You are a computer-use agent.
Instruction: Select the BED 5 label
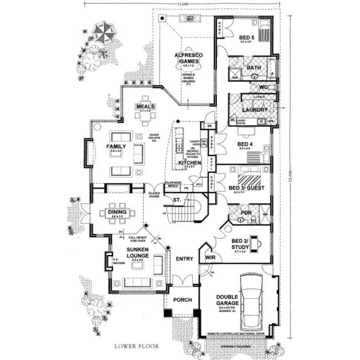(247, 37)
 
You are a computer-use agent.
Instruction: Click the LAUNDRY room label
(255, 110)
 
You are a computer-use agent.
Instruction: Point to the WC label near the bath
(264, 87)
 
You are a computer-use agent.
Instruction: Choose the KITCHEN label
(189, 163)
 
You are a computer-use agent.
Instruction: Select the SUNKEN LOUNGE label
(138, 252)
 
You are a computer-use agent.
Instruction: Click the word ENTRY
(184, 259)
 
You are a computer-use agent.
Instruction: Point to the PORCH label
(182, 300)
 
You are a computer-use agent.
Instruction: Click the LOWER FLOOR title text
(137, 346)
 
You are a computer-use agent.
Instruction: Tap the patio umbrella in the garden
(103, 32)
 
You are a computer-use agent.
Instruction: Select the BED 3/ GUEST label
(247, 188)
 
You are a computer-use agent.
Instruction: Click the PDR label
(246, 213)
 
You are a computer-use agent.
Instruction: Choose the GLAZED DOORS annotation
(155, 195)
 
